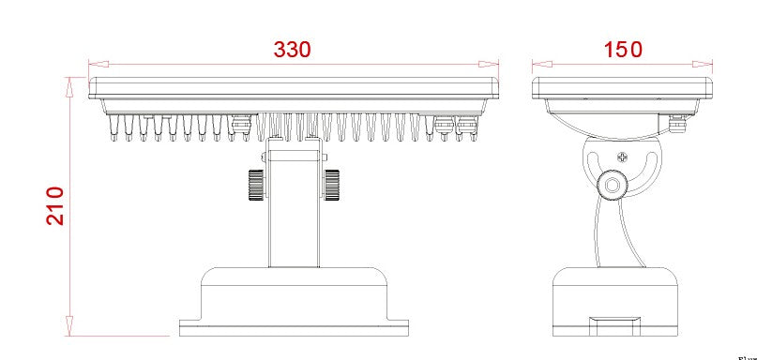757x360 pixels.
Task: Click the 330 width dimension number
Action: pyautogui.click(x=292, y=49)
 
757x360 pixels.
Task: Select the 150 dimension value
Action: pyautogui.click(x=623, y=49)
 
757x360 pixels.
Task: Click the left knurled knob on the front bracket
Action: pyautogui.click(x=254, y=184)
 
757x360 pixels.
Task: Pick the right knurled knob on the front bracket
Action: pyautogui.click(x=331, y=184)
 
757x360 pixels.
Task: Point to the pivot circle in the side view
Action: pyautogui.click(x=613, y=185)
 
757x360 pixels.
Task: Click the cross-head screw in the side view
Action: pyautogui.click(x=622, y=157)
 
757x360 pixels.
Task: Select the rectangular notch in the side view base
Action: pyautogui.click(x=614, y=324)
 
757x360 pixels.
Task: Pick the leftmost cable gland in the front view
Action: pyautogui.click(x=240, y=125)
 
